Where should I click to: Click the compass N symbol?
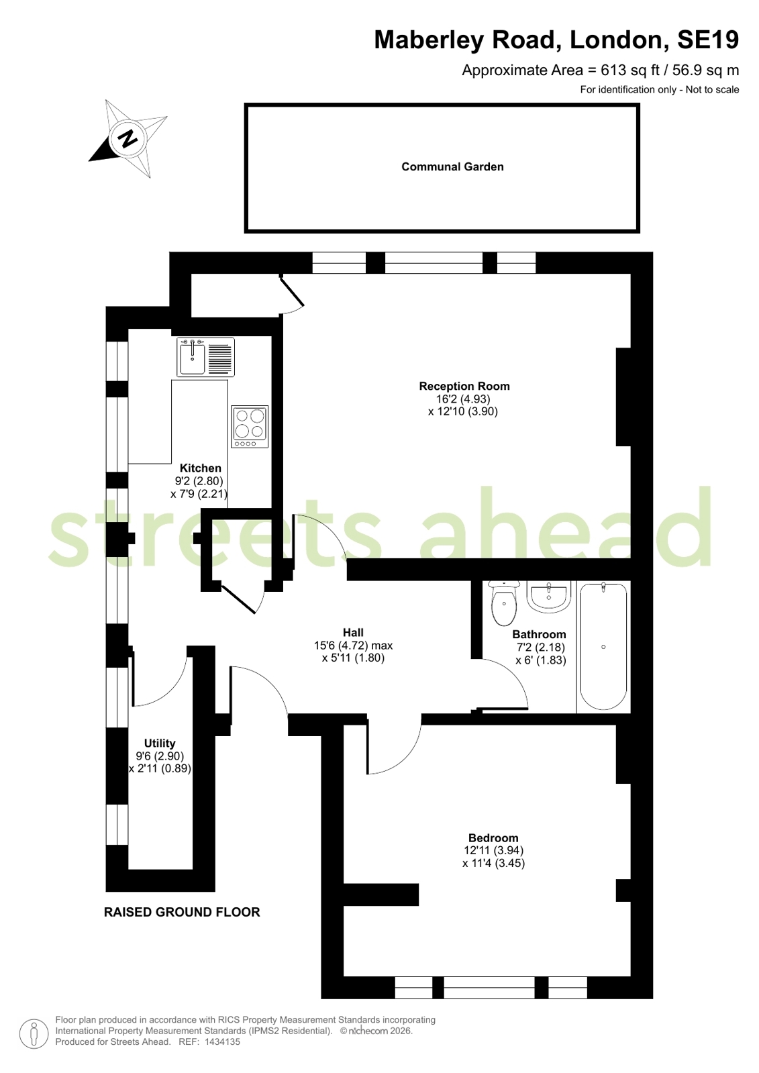tap(128, 139)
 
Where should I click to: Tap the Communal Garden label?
tap(452, 166)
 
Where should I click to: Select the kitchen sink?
tap(205, 357)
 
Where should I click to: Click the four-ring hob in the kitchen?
tap(250, 427)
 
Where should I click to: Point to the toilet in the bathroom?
tap(503, 603)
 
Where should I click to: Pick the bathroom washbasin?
tap(549, 597)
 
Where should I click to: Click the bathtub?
tap(603, 646)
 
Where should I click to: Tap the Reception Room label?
tap(464, 386)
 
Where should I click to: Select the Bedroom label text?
tap(493, 838)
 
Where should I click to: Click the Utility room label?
tap(160, 743)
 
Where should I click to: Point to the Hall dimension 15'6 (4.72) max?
tap(353, 646)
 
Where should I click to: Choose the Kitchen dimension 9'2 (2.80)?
tap(199, 480)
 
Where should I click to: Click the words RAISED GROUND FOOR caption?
tap(182, 912)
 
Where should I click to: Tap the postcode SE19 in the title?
tap(708, 40)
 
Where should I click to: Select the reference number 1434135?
tap(222, 1041)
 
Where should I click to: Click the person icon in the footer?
tap(34, 1034)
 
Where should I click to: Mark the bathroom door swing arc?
tap(511, 676)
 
